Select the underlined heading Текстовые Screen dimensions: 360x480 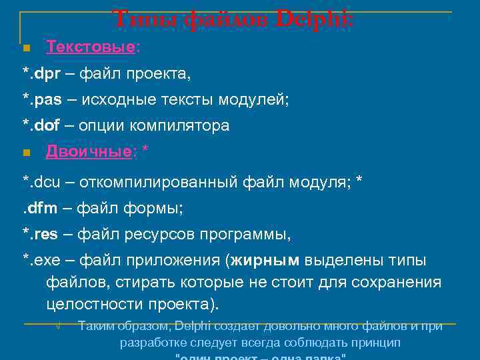[x=91, y=47]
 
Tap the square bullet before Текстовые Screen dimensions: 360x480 [x=27, y=49]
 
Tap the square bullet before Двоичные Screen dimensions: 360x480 [x=27, y=153]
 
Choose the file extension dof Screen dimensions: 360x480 [x=47, y=125]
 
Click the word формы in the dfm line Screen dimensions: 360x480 [x=157, y=209]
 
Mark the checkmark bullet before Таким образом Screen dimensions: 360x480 [x=59, y=327]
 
